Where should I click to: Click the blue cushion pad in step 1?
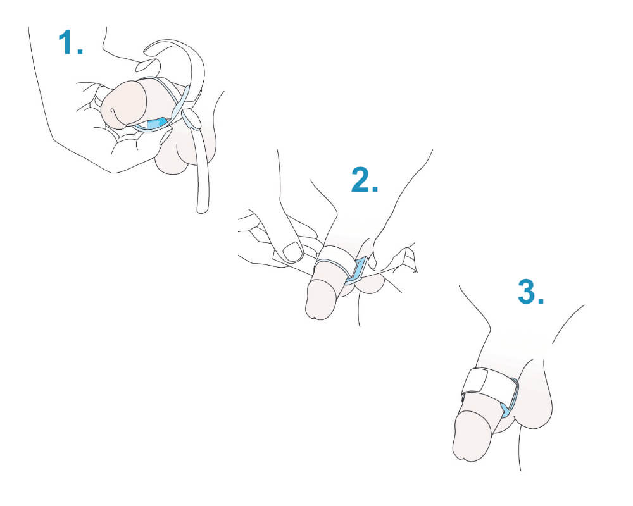coord(156,123)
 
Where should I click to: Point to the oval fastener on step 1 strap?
coord(191,118)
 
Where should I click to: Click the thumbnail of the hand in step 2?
coord(292,252)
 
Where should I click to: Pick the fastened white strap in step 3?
coord(486,381)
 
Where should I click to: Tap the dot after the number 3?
coord(541,300)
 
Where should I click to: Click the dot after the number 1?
coord(80,51)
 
